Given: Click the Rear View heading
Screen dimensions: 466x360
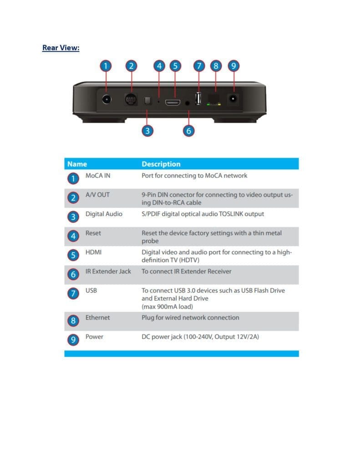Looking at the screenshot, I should click(61, 48).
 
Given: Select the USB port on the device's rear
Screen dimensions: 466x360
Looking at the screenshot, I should click(198, 98).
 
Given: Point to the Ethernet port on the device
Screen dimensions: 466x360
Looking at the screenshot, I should click(214, 99).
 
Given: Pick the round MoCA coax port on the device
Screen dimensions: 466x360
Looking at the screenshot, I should click(106, 99).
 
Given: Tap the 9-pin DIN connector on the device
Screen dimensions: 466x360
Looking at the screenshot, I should click(132, 99).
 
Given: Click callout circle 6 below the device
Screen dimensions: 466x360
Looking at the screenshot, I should click(189, 131).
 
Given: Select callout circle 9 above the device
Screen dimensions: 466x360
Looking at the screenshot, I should click(233, 66).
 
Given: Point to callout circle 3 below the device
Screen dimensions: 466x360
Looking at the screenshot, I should click(147, 131).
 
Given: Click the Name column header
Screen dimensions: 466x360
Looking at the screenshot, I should click(77, 164).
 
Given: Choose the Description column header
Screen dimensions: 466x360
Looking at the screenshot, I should click(161, 164).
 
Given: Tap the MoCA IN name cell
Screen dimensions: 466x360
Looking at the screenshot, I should click(97, 176).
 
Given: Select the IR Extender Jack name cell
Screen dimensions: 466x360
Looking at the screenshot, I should click(108, 271).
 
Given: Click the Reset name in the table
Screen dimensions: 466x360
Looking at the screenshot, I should click(93, 233).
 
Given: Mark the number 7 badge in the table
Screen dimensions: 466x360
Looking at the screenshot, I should click(73, 294).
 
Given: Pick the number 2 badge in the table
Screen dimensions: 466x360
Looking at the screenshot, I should click(73, 198).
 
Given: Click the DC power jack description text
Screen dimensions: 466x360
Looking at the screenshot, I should click(200, 337).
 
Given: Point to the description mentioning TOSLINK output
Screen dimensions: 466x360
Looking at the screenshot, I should click(203, 214).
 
